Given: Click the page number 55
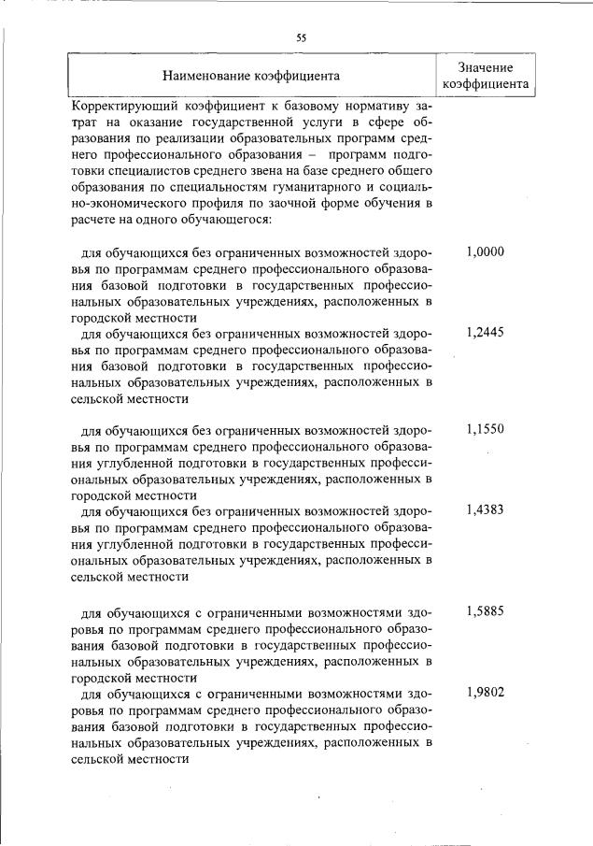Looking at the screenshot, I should pyautogui.click(x=302, y=38).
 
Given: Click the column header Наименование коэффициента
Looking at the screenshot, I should pyautogui.click(x=251, y=75).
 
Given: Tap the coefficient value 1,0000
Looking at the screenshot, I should pyautogui.click(x=485, y=251).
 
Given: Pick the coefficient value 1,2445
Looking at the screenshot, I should pyautogui.click(x=485, y=332).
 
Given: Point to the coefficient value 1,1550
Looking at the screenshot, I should pyautogui.click(x=485, y=429).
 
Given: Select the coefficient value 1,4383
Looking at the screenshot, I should pyautogui.click(x=485, y=509).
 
